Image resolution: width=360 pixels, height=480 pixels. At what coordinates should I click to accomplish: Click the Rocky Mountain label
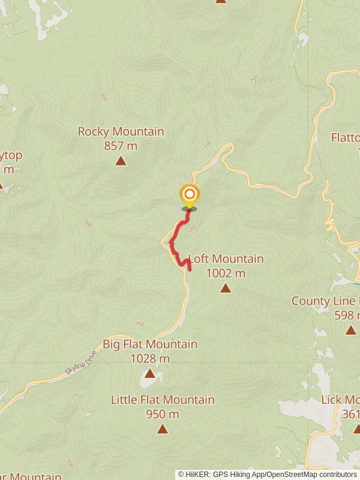pos(121,131)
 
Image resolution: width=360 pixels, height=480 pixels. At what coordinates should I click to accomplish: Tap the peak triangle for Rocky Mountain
pos(121,161)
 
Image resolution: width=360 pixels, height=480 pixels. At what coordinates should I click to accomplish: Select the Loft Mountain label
pos(226,259)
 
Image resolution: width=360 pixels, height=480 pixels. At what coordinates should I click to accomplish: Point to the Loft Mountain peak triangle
pos(225,289)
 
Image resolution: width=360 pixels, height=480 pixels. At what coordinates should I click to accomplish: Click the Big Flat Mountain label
pos(150,344)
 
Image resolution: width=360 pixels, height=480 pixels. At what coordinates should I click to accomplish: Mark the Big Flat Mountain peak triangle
pos(149,374)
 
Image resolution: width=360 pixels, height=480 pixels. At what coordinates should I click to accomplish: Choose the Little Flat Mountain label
pos(163,400)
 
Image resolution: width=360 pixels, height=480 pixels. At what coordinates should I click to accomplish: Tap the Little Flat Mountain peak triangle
pos(162,429)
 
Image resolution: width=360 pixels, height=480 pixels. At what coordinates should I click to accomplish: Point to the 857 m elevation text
pos(121,145)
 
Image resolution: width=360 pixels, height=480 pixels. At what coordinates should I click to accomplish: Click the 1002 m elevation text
pos(226,274)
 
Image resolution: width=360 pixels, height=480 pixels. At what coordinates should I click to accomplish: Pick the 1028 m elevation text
pos(150,359)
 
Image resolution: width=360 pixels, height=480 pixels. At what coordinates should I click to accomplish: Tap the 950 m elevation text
pos(163,414)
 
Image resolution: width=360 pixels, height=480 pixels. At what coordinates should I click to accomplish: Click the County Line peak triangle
pos(351,330)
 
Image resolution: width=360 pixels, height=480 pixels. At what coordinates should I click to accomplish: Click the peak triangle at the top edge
pos(221,1)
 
